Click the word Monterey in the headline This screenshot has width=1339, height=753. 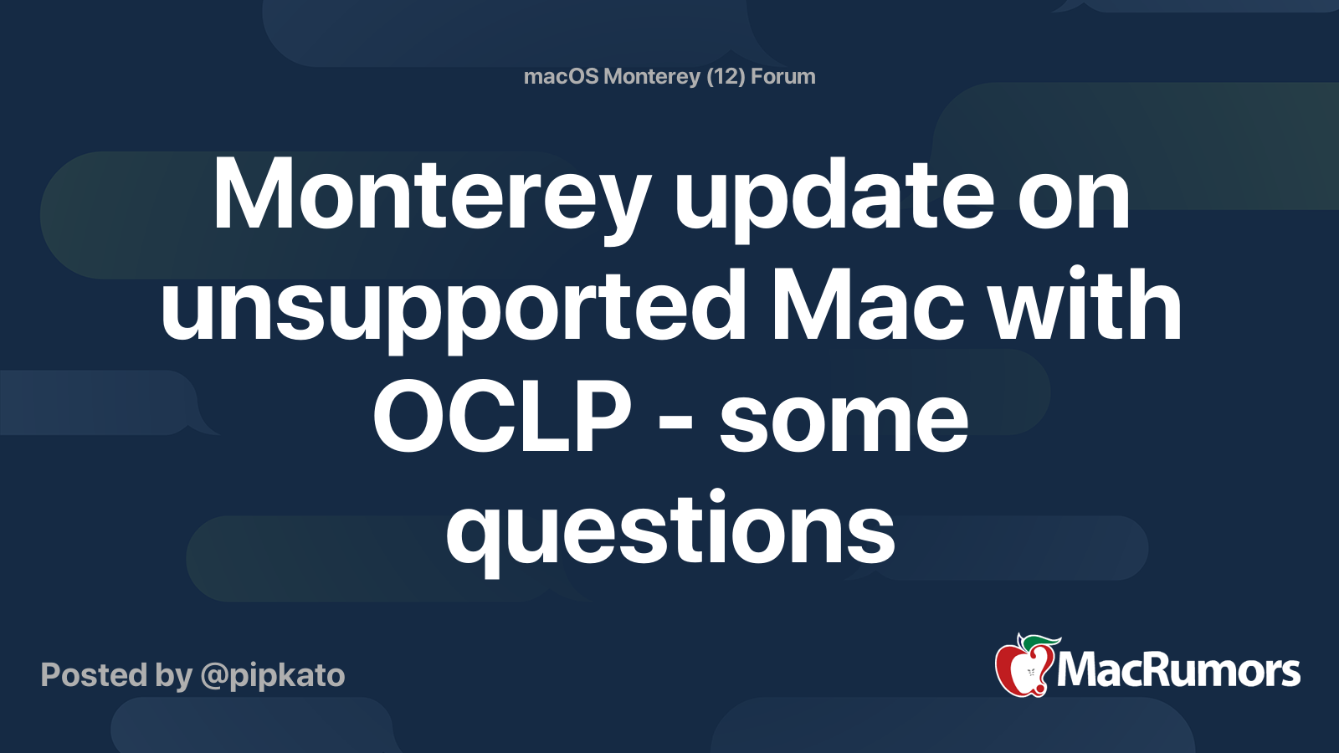tap(431, 197)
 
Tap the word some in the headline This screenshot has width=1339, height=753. tap(844, 418)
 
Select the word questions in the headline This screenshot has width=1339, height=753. tap(670, 530)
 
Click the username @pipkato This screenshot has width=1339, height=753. tap(273, 675)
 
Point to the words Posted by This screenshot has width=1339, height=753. tap(116, 675)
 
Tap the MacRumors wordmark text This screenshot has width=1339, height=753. tap(1178, 671)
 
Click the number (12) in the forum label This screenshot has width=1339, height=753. tap(725, 77)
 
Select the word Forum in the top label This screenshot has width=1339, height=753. tap(782, 77)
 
